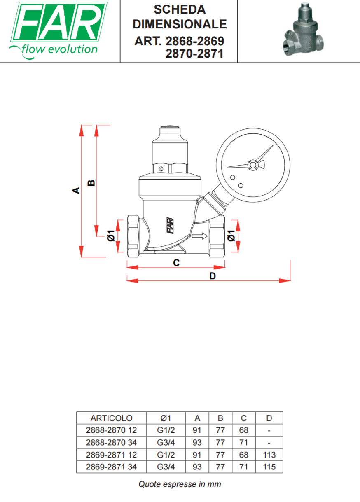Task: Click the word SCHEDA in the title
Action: click(x=180, y=9)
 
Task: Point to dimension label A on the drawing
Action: click(x=76, y=190)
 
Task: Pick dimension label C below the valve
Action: click(x=176, y=262)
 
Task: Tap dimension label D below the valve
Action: click(x=213, y=276)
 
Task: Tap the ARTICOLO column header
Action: click(x=111, y=418)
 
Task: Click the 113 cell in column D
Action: click(x=269, y=455)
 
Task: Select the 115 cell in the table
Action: click(x=269, y=467)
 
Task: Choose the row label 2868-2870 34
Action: click(x=111, y=443)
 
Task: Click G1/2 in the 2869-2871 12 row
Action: click(x=166, y=455)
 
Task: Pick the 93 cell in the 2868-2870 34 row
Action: click(x=197, y=443)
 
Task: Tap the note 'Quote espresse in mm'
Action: click(x=180, y=484)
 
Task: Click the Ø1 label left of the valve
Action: click(x=110, y=236)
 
